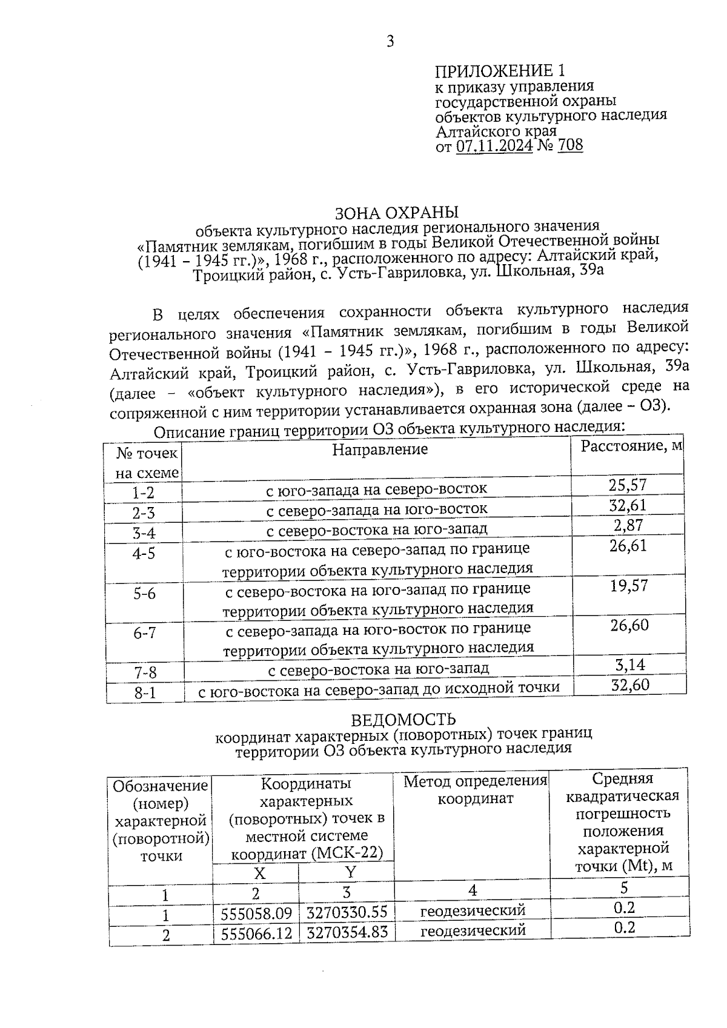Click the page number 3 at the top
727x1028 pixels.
pyautogui.click(x=390, y=41)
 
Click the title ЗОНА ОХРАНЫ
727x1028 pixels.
pyautogui.click(x=397, y=213)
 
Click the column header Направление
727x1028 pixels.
pyautogui.click(x=380, y=449)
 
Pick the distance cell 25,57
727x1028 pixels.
pyautogui.click(x=628, y=484)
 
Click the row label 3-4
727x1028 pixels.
pyautogui.click(x=144, y=532)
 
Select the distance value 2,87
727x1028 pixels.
pyautogui.click(x=628, y=525)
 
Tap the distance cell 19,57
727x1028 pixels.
pyautogui.click(x=629, y=585)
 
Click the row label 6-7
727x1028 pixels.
pyautogui.click(x=145, y=632)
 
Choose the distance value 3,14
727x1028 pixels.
pyautogui.click(x=630, y=665)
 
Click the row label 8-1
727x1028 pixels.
pyautogui.click(x=145, y=692)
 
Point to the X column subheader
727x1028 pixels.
pyautogui.click(x=259, y=873)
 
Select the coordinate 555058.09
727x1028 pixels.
pyautogui.click(x=256, y=913)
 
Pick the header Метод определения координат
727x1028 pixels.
pyautogui.click(x=475, y=789)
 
